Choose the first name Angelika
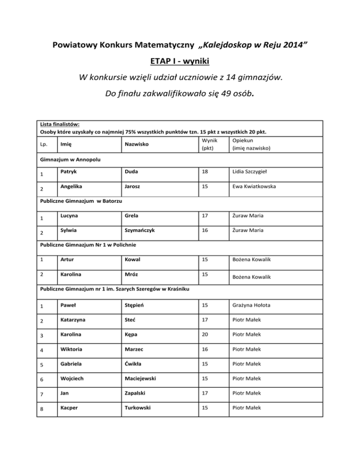coord(71,187)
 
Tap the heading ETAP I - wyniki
coord(180,61)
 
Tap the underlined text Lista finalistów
coord(59,125)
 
